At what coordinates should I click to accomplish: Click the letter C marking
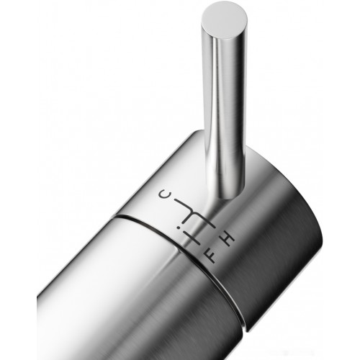click(163, 194)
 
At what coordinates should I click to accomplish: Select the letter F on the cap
click(212, 257)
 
